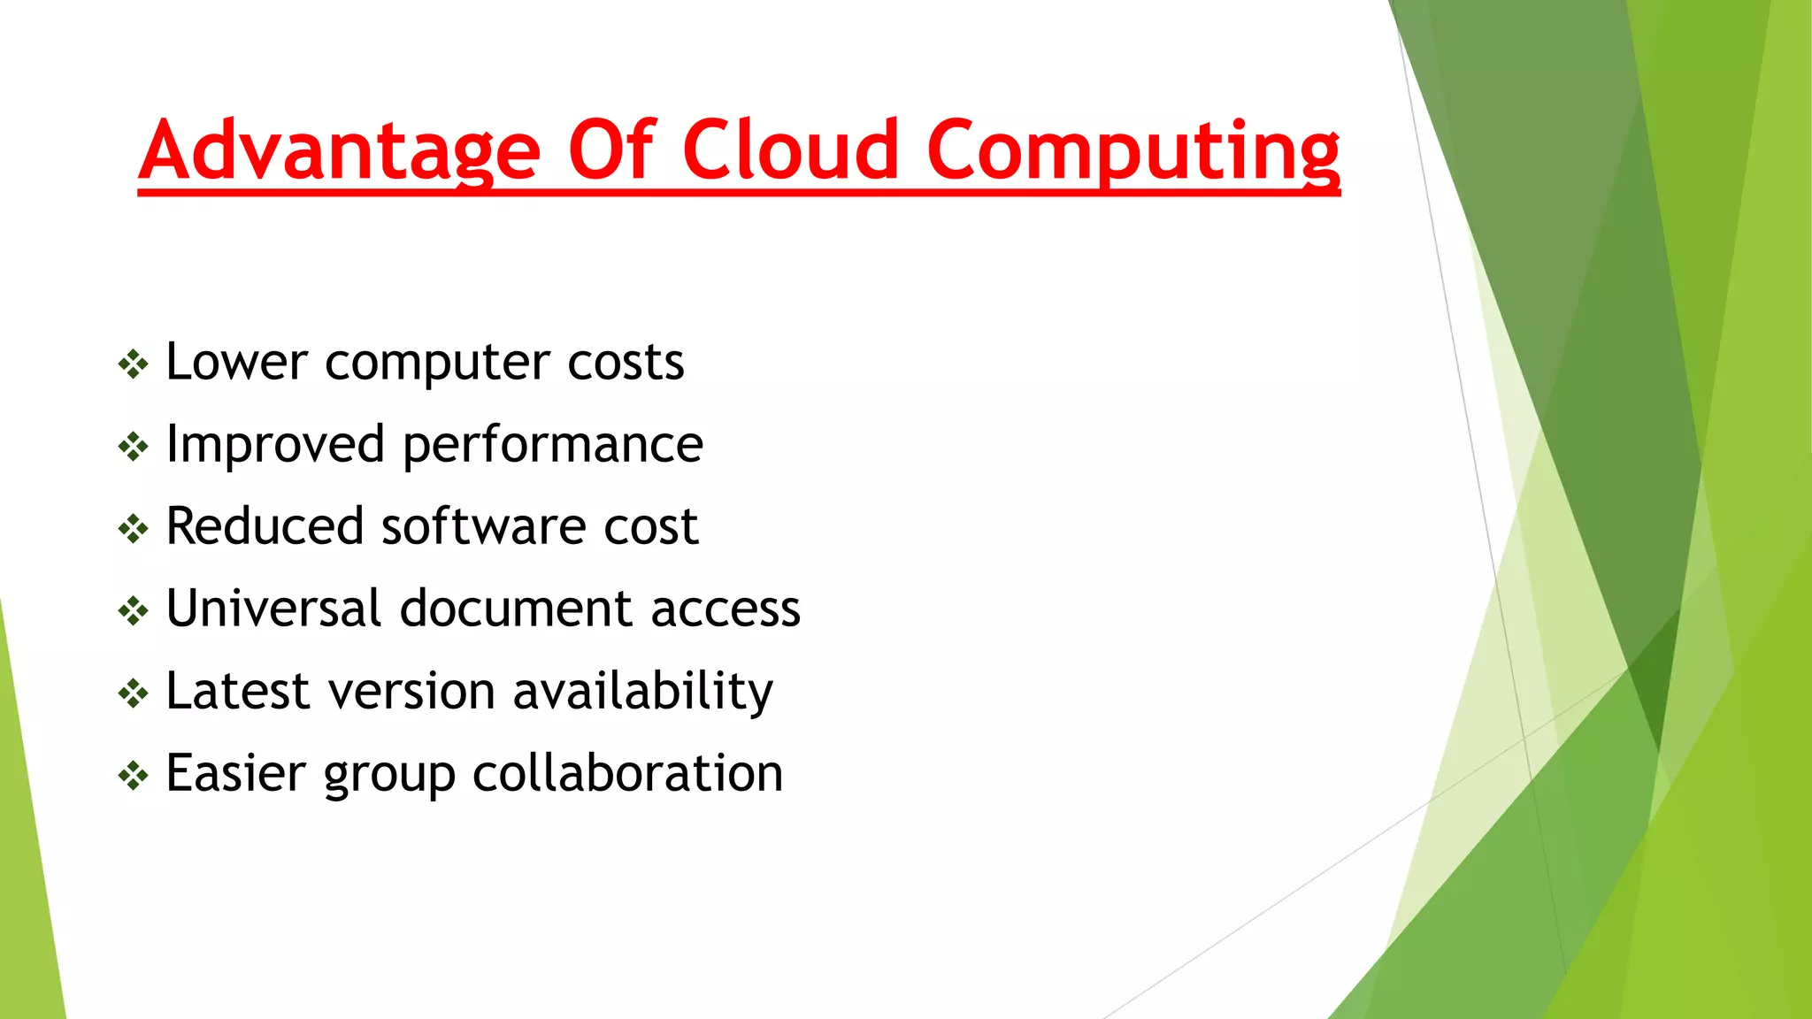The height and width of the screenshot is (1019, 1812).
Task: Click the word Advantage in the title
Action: coord(339,150)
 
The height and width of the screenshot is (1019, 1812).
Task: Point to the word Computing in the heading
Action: coord(1132,150)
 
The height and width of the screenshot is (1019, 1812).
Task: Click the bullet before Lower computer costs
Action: coord(133,364)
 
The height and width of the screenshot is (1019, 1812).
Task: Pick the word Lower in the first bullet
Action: coord(236,362)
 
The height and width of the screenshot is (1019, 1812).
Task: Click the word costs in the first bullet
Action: coord(626,363)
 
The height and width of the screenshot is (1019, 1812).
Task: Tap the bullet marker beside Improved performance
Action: coord(133,446)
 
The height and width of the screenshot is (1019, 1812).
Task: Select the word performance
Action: coord(553,445)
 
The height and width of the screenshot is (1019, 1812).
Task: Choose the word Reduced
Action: coord(265,526)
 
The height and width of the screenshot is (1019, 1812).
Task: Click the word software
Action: coord(484,526)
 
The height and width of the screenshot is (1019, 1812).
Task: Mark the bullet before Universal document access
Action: coord(133,610)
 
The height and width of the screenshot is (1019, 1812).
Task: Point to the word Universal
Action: coord(273,609)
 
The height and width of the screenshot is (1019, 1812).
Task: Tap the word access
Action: coord(726,609)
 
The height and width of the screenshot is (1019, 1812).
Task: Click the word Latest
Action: coord(237,691)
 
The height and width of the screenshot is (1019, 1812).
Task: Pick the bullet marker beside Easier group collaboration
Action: coord(133,775)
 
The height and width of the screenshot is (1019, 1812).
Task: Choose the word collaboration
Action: coord(628,773)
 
